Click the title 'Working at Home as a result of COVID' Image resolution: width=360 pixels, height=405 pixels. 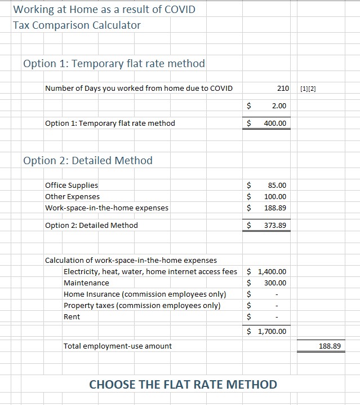[104, 9]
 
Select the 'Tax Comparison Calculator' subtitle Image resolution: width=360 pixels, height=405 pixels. [77, 25]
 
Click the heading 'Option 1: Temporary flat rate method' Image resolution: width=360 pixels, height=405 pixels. [114, 63]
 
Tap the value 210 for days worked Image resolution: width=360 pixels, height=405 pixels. [283, 89]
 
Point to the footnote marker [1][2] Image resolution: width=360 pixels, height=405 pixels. [309, 89]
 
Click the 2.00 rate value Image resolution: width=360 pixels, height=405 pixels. [279, 105]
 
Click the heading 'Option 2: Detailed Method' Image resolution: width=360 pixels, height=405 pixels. [88, 160]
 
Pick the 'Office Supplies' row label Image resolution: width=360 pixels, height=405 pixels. [71, 185]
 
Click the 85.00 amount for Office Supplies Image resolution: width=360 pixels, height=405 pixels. [277, 185]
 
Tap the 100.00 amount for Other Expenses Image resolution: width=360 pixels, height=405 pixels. [275, 196]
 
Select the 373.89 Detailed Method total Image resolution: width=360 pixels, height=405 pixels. [275, 225]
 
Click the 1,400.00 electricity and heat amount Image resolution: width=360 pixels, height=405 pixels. [272, 271]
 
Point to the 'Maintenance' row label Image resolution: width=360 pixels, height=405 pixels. [86, 283]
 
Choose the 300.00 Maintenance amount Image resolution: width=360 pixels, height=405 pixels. [275, 283]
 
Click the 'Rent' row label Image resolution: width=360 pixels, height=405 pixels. [72, 316]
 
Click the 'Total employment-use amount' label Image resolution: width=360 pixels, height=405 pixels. [118, 346]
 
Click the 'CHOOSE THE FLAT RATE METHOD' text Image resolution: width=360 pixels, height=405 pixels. [183, 385]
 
